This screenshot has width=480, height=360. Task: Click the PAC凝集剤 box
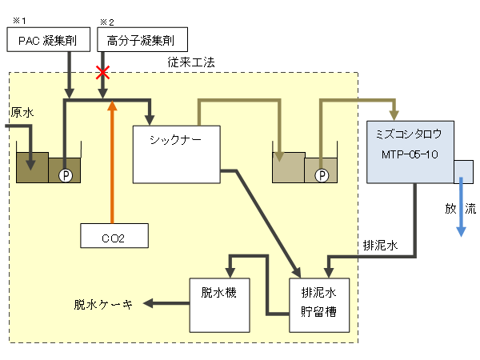coord(42,40)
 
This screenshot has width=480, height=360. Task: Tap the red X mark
coord(102,73)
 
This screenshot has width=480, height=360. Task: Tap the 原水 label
coord(22,114)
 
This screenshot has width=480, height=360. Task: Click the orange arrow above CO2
coord(112,160)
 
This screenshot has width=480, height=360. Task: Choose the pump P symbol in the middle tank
coord(322,174)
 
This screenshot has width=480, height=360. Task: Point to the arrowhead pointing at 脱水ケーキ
coord(150,303)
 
